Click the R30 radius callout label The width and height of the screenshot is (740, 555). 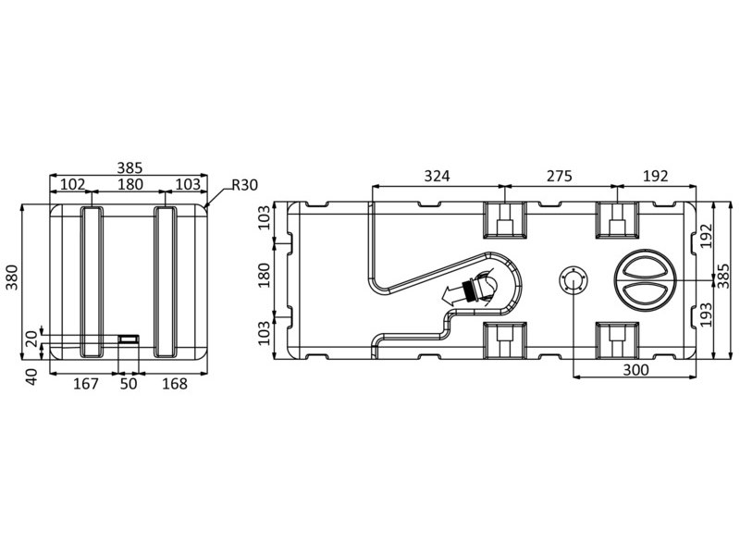point(244,185)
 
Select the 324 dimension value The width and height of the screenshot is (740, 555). point(437,176)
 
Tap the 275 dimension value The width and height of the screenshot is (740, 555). point(560,176)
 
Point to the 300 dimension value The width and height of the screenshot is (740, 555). point(635,369)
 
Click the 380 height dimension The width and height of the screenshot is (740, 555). point(12,277)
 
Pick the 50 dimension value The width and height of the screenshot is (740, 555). point(129,384)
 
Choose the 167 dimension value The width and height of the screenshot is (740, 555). point(86,384)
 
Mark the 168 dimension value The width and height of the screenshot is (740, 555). point(175,384)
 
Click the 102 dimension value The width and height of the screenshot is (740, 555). point(72,184)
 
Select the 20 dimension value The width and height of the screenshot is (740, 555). point(31,339)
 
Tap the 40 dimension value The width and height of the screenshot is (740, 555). point(31,376)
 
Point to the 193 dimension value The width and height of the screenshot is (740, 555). point(705,314)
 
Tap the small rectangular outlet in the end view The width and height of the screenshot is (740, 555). point(129,339)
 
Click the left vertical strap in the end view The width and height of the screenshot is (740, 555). point(92,281)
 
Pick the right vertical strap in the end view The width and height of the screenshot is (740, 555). point(166,281)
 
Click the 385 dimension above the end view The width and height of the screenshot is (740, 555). point(129,167)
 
